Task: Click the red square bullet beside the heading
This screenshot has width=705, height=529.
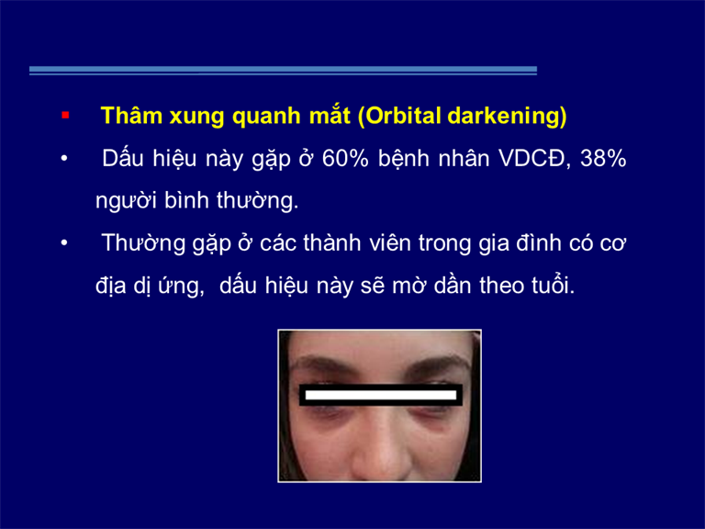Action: (65, 116)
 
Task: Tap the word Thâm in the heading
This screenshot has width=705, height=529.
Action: (131, 116)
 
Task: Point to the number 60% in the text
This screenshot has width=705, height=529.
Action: (345, 158)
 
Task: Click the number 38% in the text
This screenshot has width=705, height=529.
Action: (603, 158)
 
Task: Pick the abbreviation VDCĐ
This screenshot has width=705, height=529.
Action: (534, 158)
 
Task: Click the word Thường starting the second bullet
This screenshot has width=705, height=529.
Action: (143, 242)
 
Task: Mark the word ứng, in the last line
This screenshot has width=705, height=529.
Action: (181, 287)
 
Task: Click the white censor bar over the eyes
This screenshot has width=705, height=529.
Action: (381, 395)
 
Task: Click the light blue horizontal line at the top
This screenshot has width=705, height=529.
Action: (283, 70)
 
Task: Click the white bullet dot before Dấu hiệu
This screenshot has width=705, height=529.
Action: (64, 159)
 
